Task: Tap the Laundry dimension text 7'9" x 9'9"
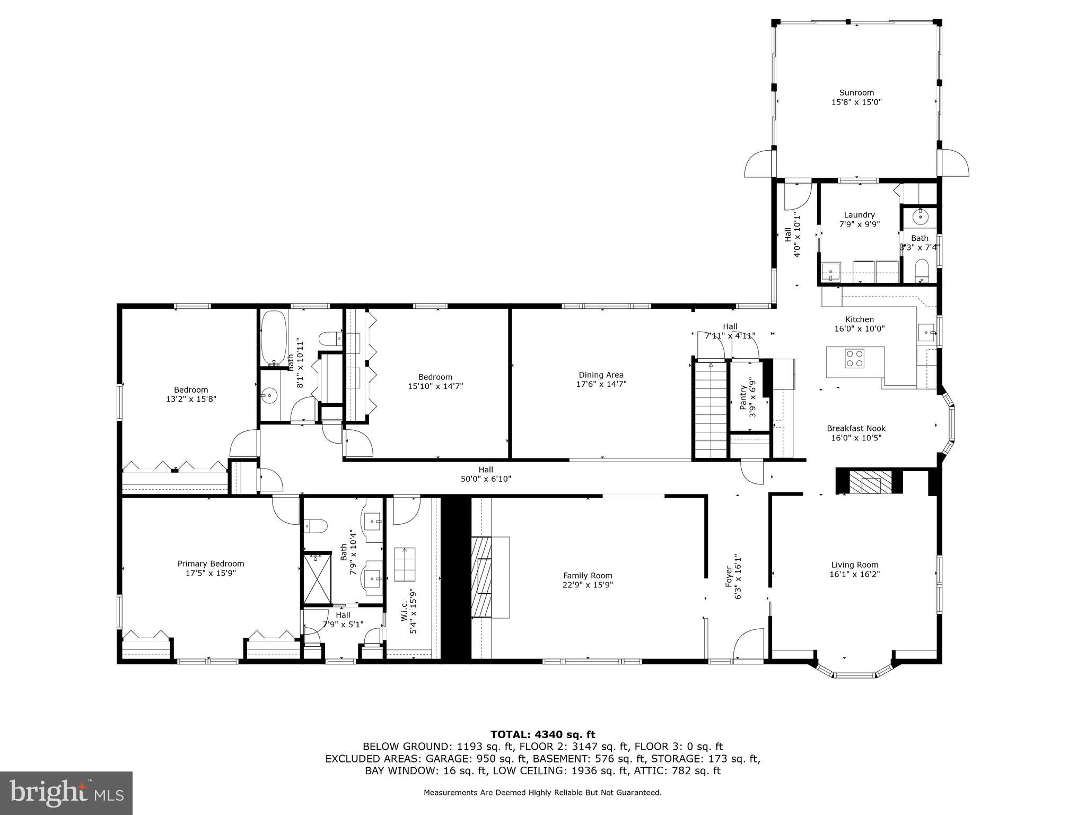[859, 224]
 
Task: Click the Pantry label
[743, 397]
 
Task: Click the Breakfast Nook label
[856, 428]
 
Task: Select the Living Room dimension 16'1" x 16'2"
[854, 574]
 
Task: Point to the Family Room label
[588, 575]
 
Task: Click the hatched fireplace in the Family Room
[481, 577]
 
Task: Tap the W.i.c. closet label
[404, 611]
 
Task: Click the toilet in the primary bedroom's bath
[316, 526]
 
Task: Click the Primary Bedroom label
[211, 563]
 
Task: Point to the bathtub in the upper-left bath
[274, 337]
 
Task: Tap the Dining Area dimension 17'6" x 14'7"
[601, 384]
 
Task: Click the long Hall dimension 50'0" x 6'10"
[486, 479]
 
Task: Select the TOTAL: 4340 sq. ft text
[542, 734]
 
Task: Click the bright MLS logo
[66, 793]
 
